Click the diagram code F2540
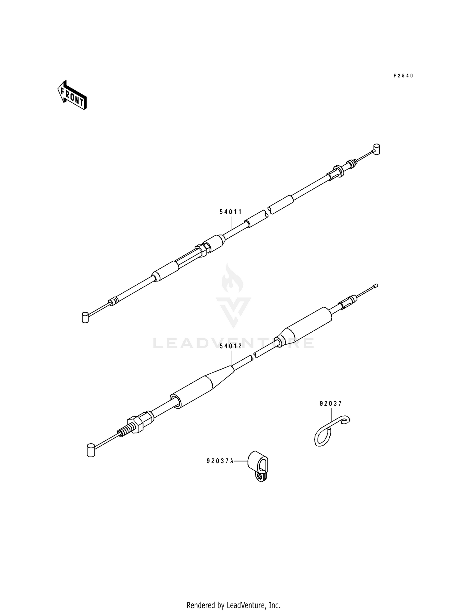click(x=403, y=76)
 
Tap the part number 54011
click(x=231, y=212)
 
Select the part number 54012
click(x=231, y=346)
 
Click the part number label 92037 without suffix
click(x=331, y=404)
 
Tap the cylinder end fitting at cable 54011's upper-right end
click(x=377, y=149)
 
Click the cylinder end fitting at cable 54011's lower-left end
click(x=85, y=317)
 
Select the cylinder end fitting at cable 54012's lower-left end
click(x=91, y=450)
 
